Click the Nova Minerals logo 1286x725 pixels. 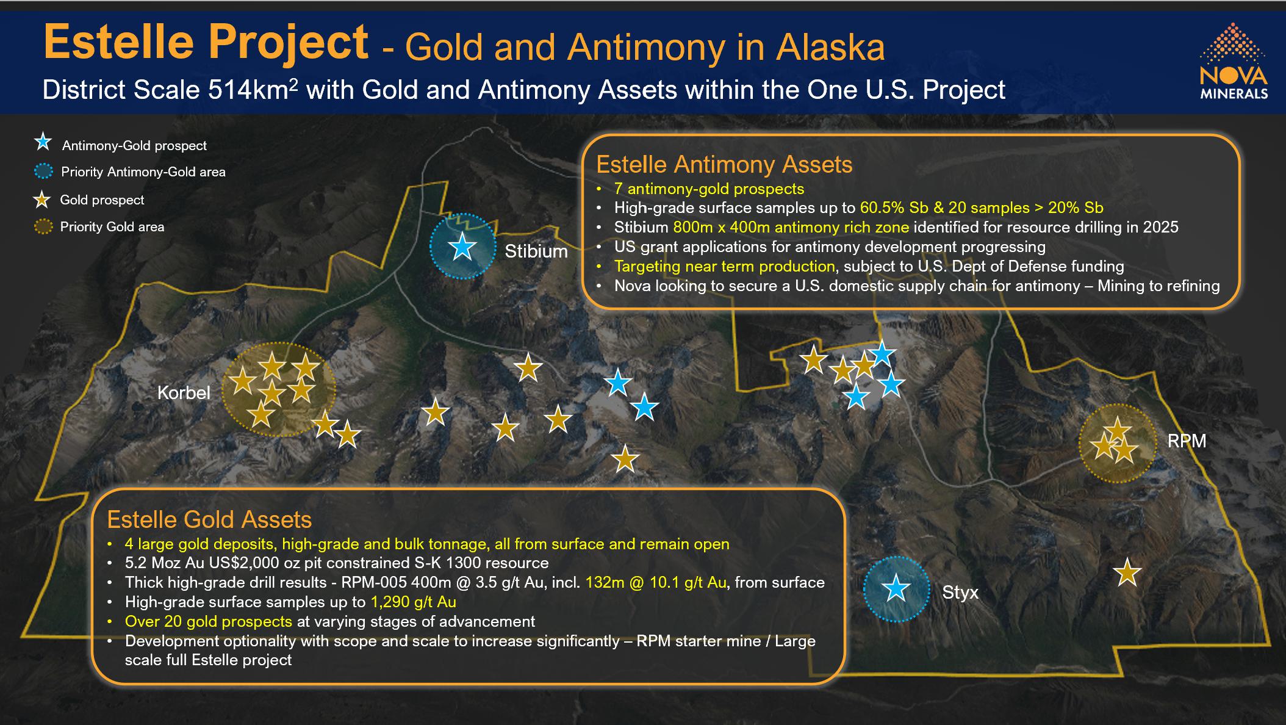click(x=1234, y=61)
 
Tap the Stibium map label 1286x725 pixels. click(x=536, y=251)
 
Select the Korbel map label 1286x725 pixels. click(x=184, y=392)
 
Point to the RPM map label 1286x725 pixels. click(x=1187, y=441)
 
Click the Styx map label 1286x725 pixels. click(x=960, y=592)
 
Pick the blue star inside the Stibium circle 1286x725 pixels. click(x=462, y=247)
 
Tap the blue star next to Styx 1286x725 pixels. click(x=896, y=588)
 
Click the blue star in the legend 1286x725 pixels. click(x=43, y=143)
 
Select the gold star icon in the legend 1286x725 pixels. click(x=42, y=199)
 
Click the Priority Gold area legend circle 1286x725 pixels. click(x=43, y=227)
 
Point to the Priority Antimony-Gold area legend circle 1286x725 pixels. click(x=43, y=171)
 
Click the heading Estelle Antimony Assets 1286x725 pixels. click(x=724, y=165)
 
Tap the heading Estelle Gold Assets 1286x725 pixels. click(x=209, y=520)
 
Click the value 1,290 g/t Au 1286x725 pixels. click(x=414, y=602)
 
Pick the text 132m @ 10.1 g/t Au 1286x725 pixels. click(x=656, y=582)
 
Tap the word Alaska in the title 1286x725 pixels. click(x=830, y=48)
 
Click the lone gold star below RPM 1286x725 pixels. click(x=1127, y=573)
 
